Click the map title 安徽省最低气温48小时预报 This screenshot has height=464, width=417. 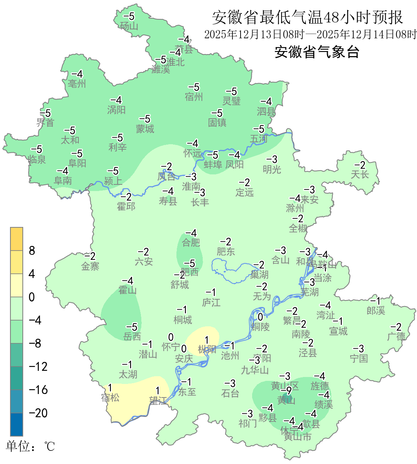[x=307, y=17]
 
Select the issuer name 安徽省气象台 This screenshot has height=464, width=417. [x=317, y=52]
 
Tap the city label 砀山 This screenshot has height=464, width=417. [x=129, y=26]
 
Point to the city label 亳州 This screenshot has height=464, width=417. [x=77, y=84]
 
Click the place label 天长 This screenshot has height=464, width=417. [x=359, y=175]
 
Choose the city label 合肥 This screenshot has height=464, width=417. [x=191, y=242]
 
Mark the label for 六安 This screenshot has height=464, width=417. [x=144, y=262]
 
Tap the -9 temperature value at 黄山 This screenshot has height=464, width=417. [x=286, y=391]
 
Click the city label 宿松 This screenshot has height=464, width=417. [x=110, y=397]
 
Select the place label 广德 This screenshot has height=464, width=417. [x=396, y=336]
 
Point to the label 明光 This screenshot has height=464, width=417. [x=272, y=169]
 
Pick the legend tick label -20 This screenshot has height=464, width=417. [x=38, y=413]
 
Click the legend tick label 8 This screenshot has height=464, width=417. [x=32, y=251]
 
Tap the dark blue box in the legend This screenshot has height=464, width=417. [x=17, y=424]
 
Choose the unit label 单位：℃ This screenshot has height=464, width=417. [x=31, y=447]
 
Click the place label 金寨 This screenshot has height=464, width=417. [x=90, y=266]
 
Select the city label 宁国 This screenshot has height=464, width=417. [x=359, y=358]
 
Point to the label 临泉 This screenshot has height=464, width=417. [x=37, y=159]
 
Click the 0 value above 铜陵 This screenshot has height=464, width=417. [x=260, y=317]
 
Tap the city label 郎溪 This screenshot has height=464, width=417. [x=376, y=310]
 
